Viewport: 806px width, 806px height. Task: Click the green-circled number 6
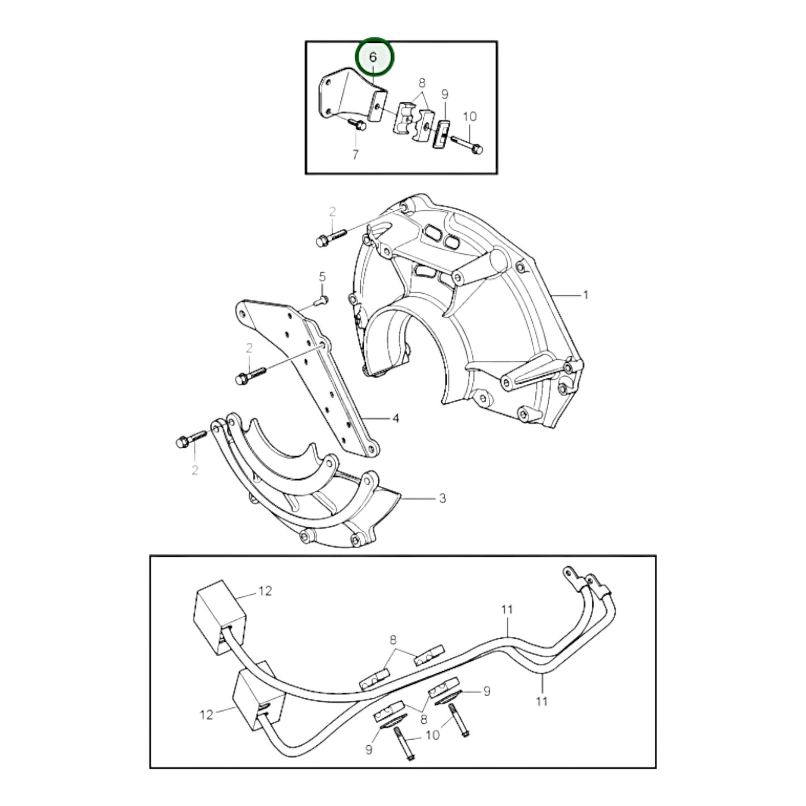(374, 57)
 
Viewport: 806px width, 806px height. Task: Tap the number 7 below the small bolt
(355, 155)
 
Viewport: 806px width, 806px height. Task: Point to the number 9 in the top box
(445, 94)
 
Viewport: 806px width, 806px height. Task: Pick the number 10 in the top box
(470, 117)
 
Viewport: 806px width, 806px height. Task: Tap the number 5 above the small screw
(322, 277)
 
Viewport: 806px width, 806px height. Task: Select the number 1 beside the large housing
(585, 295)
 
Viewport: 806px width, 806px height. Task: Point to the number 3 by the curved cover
(442, 498)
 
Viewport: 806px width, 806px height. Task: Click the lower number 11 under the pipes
(542, 701)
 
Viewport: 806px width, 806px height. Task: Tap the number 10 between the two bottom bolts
(432, 735)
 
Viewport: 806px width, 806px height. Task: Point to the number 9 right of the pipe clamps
(486, 691)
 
